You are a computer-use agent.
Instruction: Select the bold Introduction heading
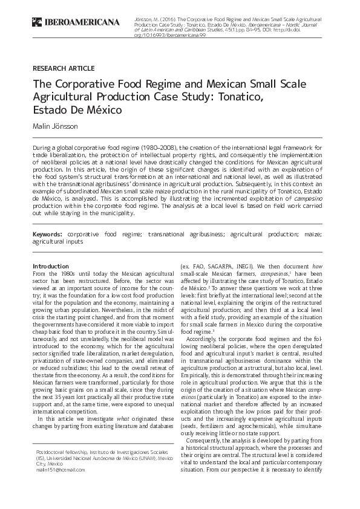(x=51, y=266)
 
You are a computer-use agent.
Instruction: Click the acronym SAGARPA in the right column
(x=227, y=266)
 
